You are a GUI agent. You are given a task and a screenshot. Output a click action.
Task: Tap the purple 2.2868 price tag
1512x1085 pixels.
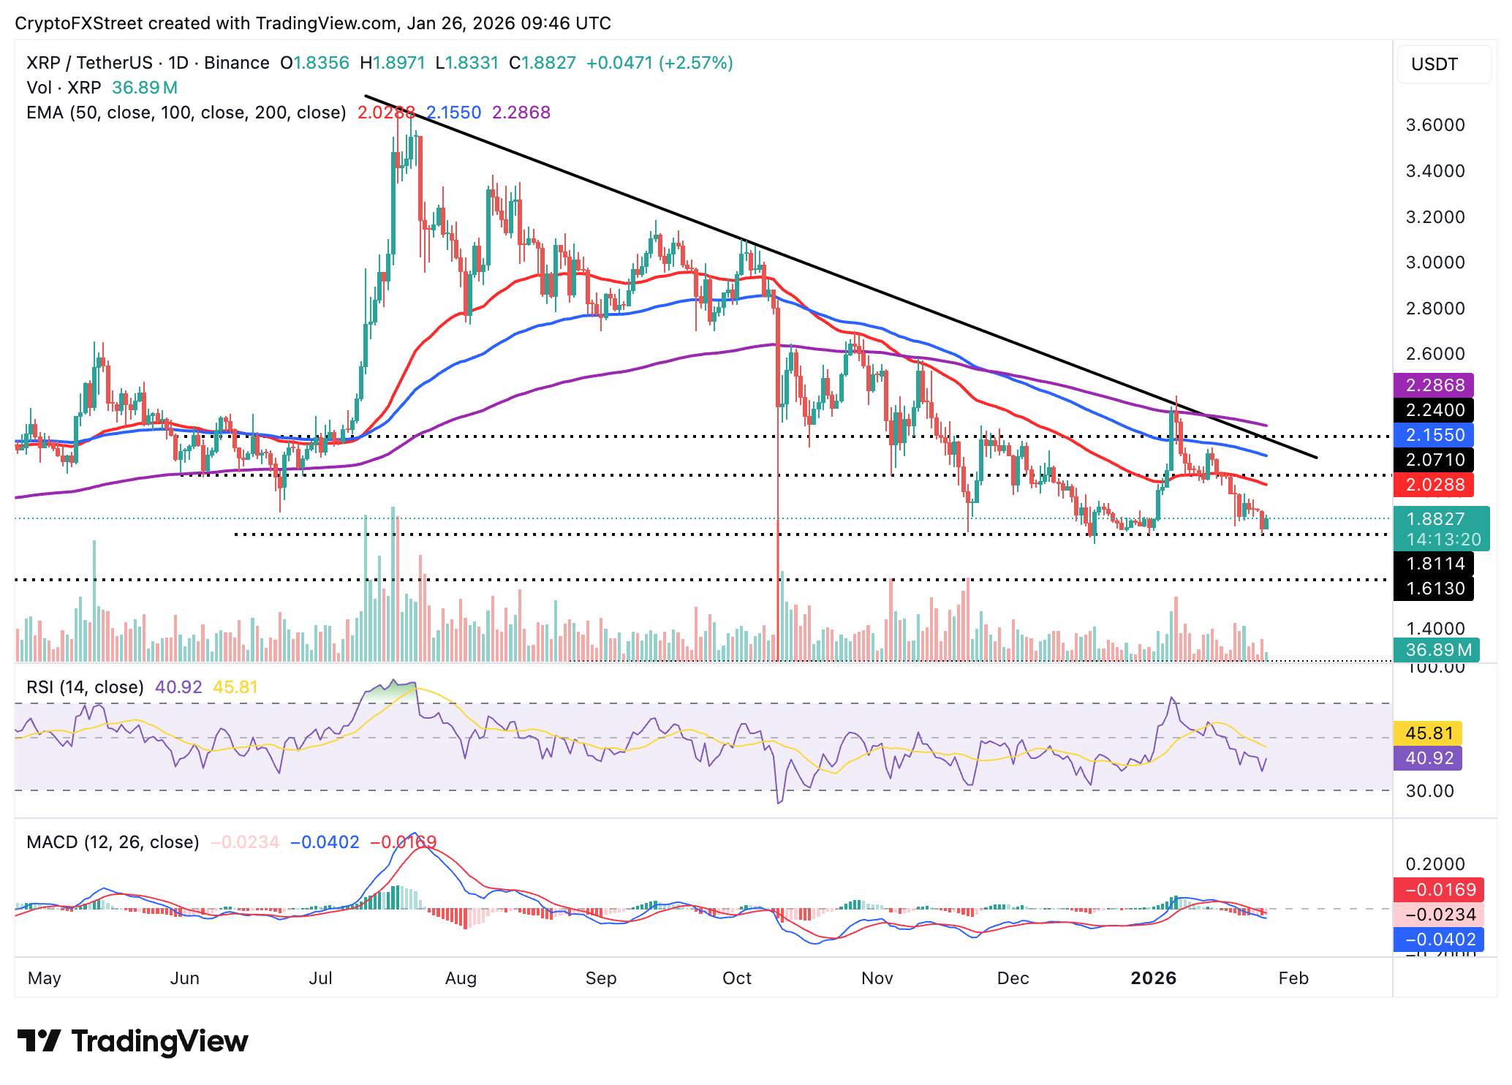tap(1434, 385)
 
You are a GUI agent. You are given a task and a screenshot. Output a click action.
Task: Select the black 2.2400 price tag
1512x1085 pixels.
tap(1434, 410)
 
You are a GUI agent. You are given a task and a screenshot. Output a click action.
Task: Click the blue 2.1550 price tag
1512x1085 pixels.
tap(1434, 435)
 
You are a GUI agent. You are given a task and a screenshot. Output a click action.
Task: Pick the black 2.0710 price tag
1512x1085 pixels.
tap(1434, 460)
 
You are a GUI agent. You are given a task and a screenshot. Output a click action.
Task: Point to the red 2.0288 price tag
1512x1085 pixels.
tap(1434, 485)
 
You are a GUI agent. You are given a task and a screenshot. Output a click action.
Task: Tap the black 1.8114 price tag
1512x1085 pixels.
tap(1434, 564)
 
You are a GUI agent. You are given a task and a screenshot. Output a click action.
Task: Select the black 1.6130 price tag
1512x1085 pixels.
tap(1434, 589)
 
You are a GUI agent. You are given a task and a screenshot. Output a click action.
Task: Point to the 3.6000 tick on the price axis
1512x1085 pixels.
tap(1435, 125)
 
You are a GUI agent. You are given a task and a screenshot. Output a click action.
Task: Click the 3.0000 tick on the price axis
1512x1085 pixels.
tap(1435, 262)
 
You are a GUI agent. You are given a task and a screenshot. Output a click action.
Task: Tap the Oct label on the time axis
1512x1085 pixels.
tap(736, 978)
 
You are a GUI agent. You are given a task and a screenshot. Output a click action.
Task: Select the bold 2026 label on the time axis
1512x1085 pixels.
tap(1153, 978)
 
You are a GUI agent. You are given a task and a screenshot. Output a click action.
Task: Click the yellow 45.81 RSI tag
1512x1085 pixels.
tap(1428, 733)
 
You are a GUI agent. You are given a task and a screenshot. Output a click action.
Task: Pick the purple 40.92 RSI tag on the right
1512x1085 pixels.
tap(1428, 758)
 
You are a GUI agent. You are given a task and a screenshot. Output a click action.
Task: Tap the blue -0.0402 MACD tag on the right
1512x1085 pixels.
tap(1438, 940)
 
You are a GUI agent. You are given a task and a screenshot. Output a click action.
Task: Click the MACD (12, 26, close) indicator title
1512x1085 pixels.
tap(113, 842)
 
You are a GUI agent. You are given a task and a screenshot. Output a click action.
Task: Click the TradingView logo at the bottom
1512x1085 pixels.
tap(133, 1041)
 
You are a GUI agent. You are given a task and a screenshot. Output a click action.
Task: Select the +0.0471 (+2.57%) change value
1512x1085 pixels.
tap(659, 63)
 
